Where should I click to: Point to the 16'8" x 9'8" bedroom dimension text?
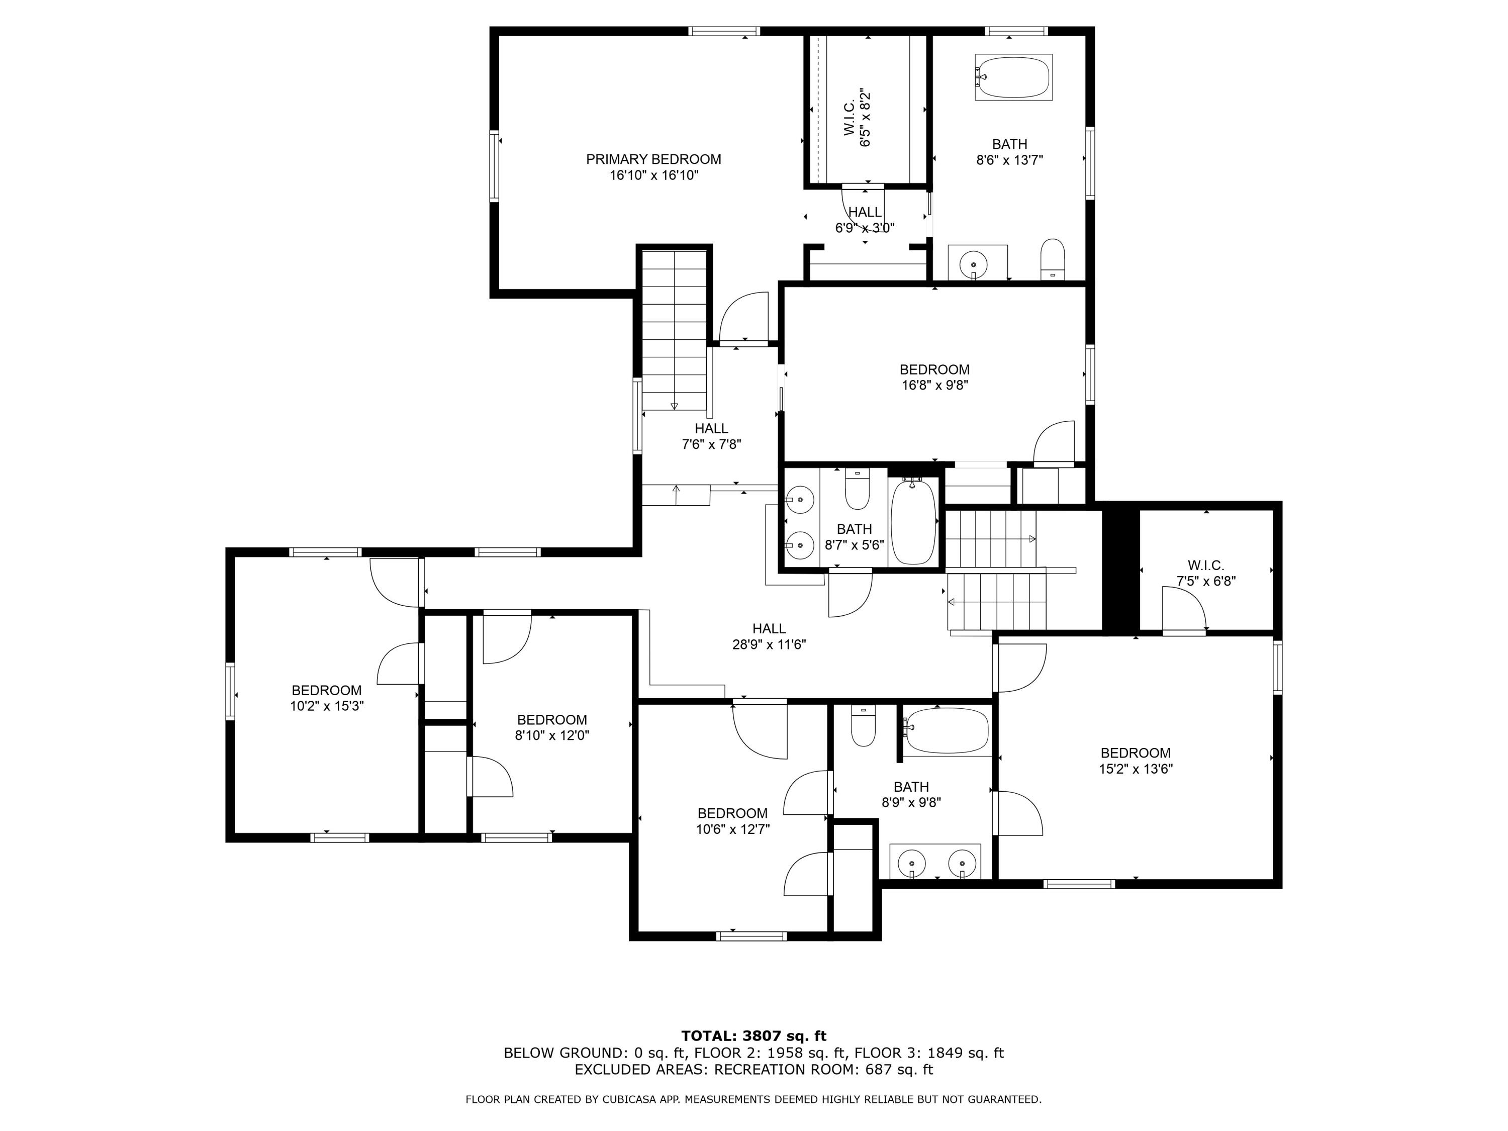coord(934,385)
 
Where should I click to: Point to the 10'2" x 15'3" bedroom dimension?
coord(327,706)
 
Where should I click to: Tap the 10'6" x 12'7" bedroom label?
coord(732,821)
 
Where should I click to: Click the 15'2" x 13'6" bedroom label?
coord(1135,761)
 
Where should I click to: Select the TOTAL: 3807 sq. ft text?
coord(753,1036)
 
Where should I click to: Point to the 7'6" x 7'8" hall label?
coord(711,436)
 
